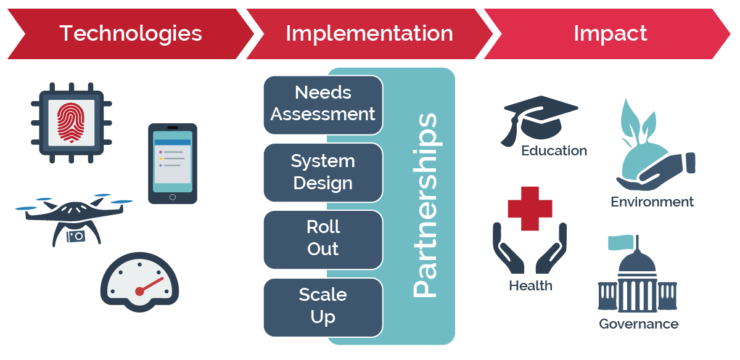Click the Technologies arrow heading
(130, 33)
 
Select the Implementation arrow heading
(369, 33)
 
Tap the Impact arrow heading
(610, 33)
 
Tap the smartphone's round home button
(173, 197)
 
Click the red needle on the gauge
(150, 285)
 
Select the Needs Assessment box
(323, 104)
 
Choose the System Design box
(323, 172)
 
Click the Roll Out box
(323, 239)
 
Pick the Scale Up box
(323, 306)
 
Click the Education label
(554, 150)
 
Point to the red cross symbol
(530, 208)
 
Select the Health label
(530, 286)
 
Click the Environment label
(652, 202)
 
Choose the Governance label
(638, 324)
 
